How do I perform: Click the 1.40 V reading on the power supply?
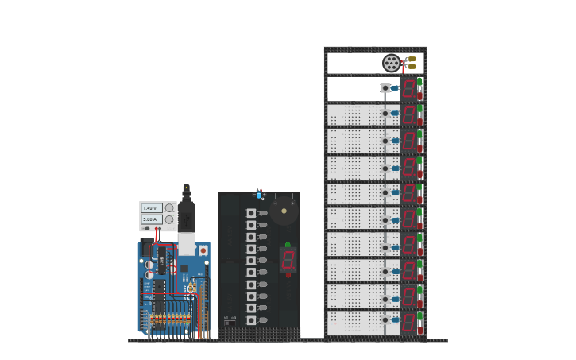click(151, 208)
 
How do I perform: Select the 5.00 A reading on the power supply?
click(151, 219)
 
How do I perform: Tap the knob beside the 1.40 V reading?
click(169, 208)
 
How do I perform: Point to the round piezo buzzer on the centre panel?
click(284, 211)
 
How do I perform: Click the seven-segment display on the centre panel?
click(288, 258)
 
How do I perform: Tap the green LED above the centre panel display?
click(288, 245)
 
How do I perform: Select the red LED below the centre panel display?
click(288, 274)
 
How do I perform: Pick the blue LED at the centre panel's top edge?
click(259, 194)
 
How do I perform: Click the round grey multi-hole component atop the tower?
click(391, 63)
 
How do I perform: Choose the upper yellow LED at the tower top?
click(412, 59)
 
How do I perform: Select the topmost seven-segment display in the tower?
click(408, 87)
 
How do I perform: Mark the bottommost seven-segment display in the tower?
click(408, 322)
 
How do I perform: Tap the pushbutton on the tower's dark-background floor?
click(385, 88)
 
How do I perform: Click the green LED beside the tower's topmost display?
click(419, 81)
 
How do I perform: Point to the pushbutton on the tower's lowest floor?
click(385, 319)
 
